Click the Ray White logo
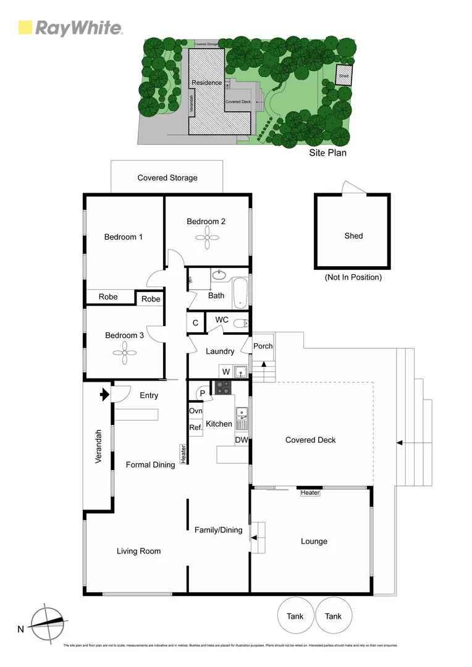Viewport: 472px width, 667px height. (70, 28)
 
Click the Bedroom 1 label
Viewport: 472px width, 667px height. (124, 237)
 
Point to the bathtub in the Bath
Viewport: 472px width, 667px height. (240, 294)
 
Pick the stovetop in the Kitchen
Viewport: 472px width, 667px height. (222, 388)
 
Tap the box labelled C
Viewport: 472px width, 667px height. (195, 322)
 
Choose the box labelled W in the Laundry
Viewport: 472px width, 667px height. (226, 372)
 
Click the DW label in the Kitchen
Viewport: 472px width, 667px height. (242, 440)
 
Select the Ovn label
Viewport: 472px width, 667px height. (195, 411)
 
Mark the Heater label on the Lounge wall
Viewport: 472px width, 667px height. (310, 493)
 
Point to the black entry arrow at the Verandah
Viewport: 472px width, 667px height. (104, 393)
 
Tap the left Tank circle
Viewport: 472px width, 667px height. (295, 616)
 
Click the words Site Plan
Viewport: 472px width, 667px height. (327, 153)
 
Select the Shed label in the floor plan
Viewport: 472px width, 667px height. (353, 235)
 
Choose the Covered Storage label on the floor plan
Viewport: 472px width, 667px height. (167, 178)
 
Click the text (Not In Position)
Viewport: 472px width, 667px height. (353, 277)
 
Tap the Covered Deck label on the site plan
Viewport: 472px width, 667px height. (237, 101)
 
